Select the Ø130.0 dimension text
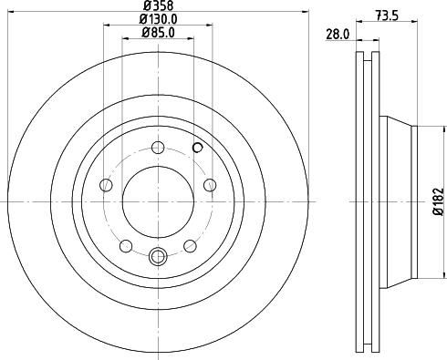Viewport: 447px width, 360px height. tap(158, 21)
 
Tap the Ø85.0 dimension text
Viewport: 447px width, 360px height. tap(158, 34)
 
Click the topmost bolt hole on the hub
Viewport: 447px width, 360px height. tap(158, 148)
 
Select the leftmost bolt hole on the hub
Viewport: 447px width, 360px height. tap(106, 186)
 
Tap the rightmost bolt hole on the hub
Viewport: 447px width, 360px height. tap(210, 186)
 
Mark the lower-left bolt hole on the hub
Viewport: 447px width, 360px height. tap(126, 246)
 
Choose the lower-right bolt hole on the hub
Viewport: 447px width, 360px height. tap(190, 246)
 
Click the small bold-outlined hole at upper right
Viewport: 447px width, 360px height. tap(198, 146)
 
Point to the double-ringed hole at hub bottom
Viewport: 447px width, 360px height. tap(158, 257)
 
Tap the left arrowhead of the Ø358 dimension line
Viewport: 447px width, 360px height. tap(10, 15)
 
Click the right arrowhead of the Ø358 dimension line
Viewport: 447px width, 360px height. tap(306, 15)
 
